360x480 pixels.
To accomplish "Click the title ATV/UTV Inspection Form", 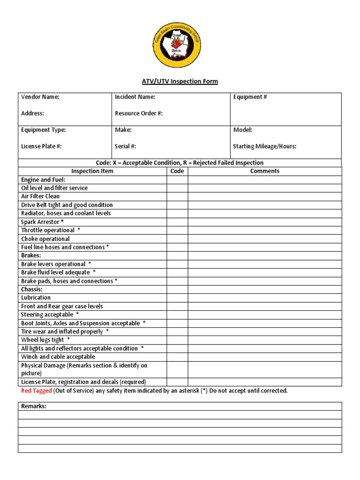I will (180, 82).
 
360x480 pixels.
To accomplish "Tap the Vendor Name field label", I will (40, 97).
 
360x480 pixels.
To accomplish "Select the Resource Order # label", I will (139, 113).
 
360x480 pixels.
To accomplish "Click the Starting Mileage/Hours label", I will (264, 146).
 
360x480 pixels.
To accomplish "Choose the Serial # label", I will (125, 146).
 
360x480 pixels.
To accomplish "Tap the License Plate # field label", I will (41, 146).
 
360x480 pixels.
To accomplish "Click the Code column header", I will (177, 171).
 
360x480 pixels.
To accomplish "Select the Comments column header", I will (265, 171).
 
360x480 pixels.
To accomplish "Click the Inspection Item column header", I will (92, 171).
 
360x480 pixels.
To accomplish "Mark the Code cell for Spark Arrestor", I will (177, 222).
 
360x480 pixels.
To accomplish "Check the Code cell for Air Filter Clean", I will (177, 196).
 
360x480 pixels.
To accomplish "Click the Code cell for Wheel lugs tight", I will (177, 340).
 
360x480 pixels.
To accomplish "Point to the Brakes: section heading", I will (31, 255).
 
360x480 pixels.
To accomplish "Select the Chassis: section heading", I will (32, 289).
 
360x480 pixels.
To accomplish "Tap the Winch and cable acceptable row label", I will (58, 357).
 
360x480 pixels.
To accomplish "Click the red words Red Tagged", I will (36, 391).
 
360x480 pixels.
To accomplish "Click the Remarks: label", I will (34, 406).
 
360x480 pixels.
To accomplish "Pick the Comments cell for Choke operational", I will (265, 239).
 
